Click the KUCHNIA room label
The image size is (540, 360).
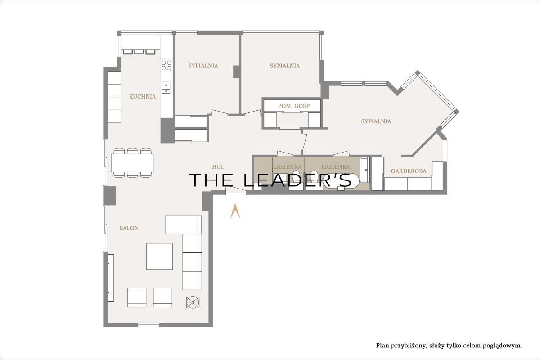(x=142, y=97)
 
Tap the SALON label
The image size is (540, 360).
(x=129, y=228)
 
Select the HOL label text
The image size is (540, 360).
(x=218, y=166)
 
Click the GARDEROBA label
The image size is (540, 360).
(x=409, y=171)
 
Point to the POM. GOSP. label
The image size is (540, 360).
(x=294, y=106)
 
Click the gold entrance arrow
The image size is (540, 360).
(x=235, y=211)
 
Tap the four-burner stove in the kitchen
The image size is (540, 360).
(x=166, y=65)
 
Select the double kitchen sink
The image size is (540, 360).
(x=166, y=88)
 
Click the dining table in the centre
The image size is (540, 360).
(x=133, y=163)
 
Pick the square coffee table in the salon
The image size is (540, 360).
(x=159, y=256)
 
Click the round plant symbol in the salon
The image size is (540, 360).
(x=193, y=301)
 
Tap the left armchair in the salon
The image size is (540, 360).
(x=137, y=297)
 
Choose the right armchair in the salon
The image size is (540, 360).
(x=163, y=297)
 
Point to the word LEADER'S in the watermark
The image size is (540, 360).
(x=297, y=180)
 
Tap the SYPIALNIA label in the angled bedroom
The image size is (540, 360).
(x=376, y=121)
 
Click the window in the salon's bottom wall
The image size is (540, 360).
(x=149, y=325)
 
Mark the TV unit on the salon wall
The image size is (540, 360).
(x=111, y=278)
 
